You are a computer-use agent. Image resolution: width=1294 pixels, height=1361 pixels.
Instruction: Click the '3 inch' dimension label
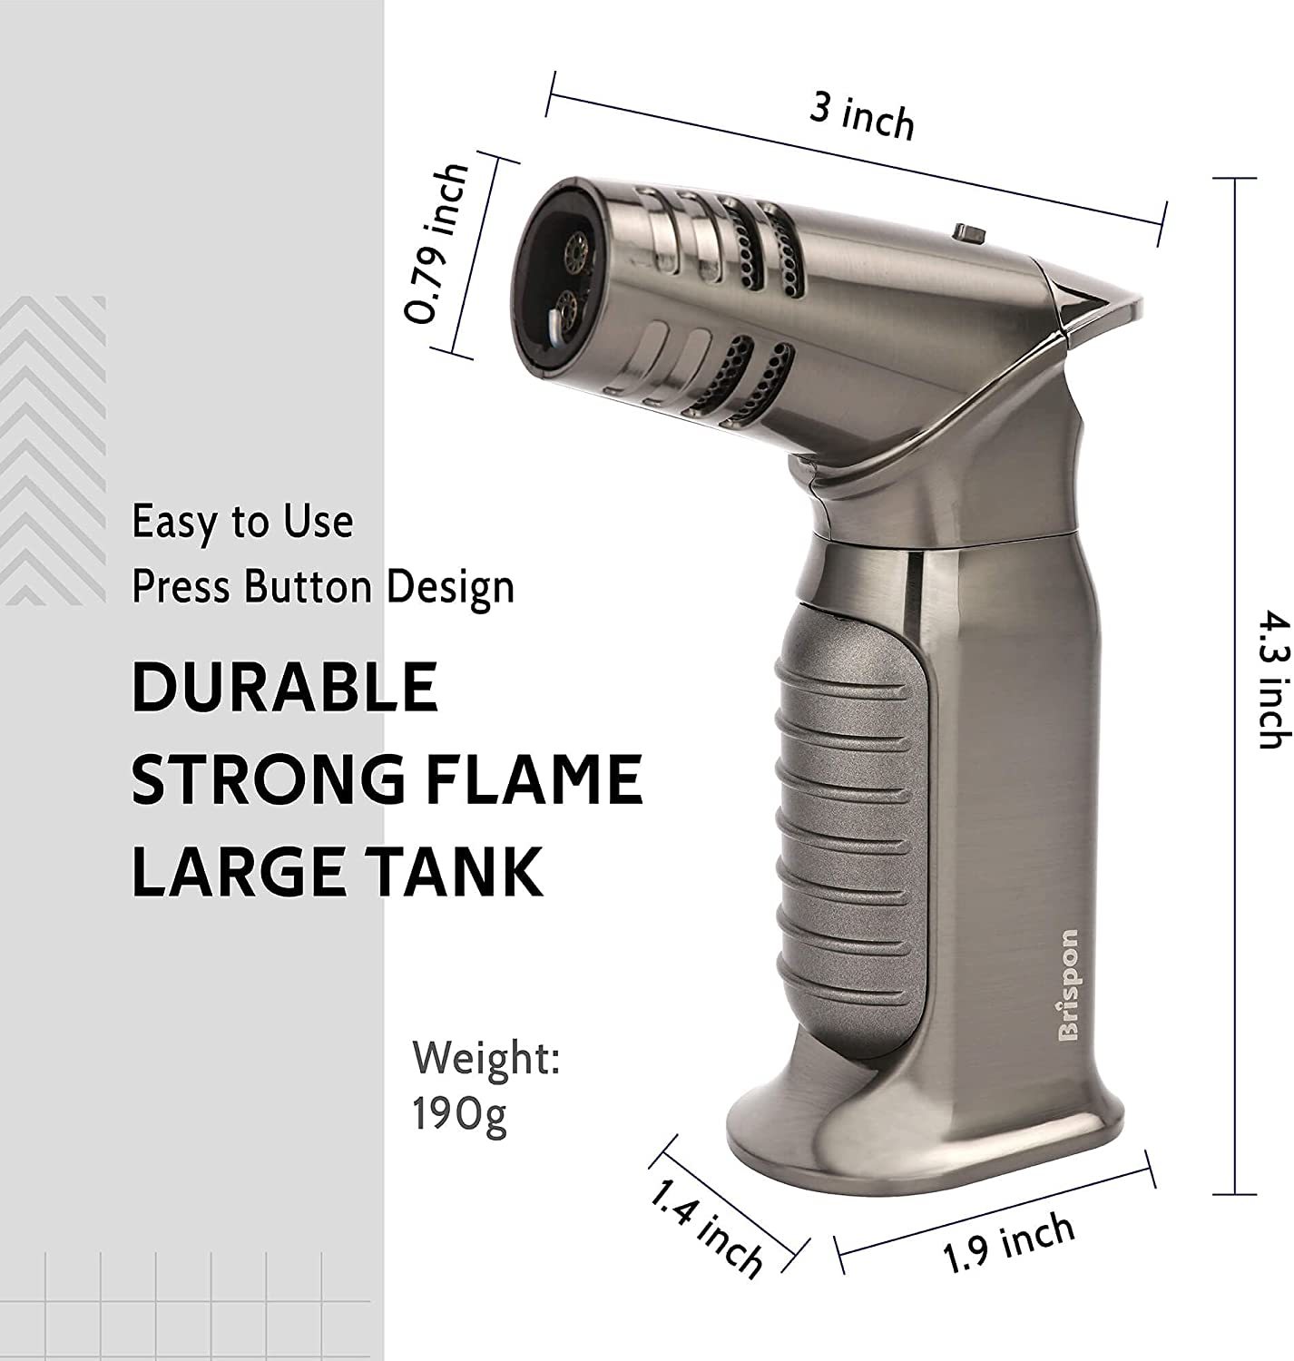[861, 117]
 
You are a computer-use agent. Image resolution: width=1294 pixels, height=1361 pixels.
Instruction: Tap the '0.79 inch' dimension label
[436, 244]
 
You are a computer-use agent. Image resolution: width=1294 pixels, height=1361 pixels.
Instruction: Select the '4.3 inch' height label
[1273, 679]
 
